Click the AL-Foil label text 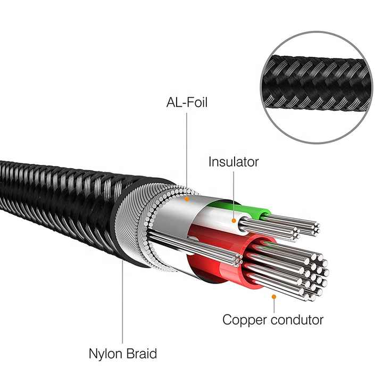click(187, 102)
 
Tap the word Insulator click(234, 162)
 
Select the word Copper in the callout click(245, 320)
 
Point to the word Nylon click(105, 354)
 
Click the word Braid click(141, 353)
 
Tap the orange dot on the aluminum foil click(187, 199)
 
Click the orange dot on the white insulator click(234, 221)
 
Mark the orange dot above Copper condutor click(274, 296)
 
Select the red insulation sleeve click(232, 256)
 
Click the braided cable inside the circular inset click(317, 83)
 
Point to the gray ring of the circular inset click(317, 32)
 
